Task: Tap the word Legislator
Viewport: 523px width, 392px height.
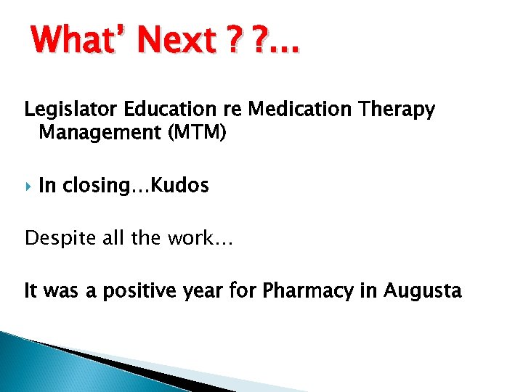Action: [63, 110]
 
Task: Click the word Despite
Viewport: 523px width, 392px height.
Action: [54, 238]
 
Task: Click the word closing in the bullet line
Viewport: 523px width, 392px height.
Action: [102, 186]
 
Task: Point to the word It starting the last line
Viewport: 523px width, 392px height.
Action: [31, 291]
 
